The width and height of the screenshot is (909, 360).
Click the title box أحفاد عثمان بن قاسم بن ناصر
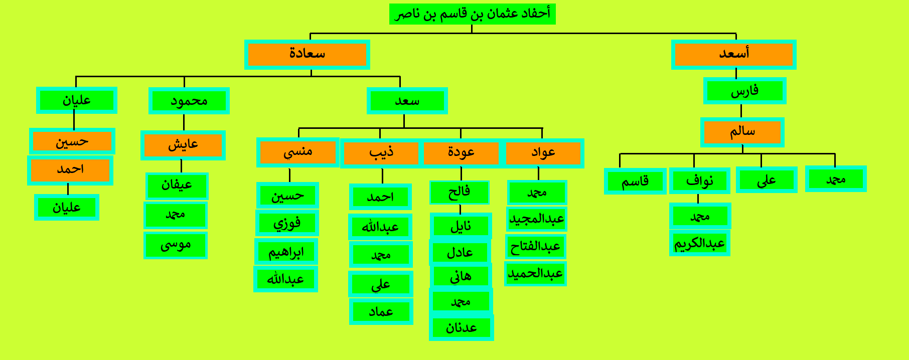point(472,14)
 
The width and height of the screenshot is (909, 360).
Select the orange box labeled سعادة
point(307,55)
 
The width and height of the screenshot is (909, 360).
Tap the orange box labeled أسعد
point(733,55)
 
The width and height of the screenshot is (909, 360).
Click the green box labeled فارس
point(744,91)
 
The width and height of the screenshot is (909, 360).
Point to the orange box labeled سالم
point(742,132)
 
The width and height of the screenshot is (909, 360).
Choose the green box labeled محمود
point(189,101)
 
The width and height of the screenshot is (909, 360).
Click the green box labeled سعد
point(407,101)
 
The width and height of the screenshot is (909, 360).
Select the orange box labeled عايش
point(183,145)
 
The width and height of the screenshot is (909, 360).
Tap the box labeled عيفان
point(177,186)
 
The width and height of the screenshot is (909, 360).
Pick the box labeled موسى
point(176,245)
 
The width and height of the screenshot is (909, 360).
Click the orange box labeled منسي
point(298,152)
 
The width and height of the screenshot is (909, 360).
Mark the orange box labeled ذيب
point(381,153)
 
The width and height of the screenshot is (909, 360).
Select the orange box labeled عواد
point(543,153)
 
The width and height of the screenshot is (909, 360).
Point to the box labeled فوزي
point(287,223)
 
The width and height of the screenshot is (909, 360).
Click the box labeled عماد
point(381,311)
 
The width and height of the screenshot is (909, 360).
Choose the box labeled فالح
point(460,193)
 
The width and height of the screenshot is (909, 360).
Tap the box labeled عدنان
point(462,327)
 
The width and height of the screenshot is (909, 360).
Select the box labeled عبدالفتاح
point(535,247)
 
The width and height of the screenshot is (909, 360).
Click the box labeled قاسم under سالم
point(635,181)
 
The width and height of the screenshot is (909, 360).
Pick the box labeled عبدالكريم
point(699,243)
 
